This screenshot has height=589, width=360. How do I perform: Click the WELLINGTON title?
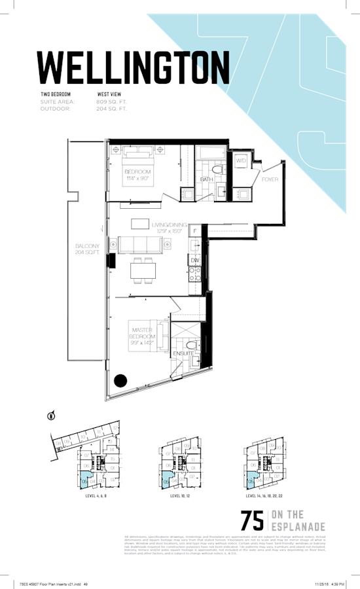click(x=133, y=65)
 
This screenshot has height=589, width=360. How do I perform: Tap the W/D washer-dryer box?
click(x=241, y=160)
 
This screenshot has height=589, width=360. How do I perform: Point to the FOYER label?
click(x=270, y=179)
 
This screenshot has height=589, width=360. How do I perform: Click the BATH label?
click(x=207, y=179)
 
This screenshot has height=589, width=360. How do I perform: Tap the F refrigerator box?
click(x=194, y=231)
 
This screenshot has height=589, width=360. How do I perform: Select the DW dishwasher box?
click(x=194, y=260)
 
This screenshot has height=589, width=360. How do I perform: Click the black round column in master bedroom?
click(x=120, y=380)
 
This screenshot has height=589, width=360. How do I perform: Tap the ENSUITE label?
click(x=183, y=354)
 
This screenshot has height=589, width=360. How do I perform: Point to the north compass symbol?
click(x=50, y=415)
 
